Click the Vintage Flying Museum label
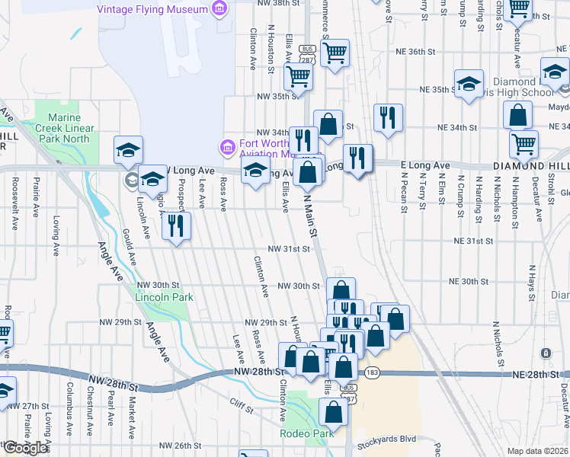click(152, 9)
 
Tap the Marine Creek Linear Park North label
click(69, 128)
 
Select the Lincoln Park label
click(165, 297)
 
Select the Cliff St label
click(241, 410)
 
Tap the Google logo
click(25, 448)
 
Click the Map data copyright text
click(538, 451)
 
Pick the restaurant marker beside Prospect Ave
click(176, 225)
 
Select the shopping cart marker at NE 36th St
click(335, 53)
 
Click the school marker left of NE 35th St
click(469, 83)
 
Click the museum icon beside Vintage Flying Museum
click(219, 9)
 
